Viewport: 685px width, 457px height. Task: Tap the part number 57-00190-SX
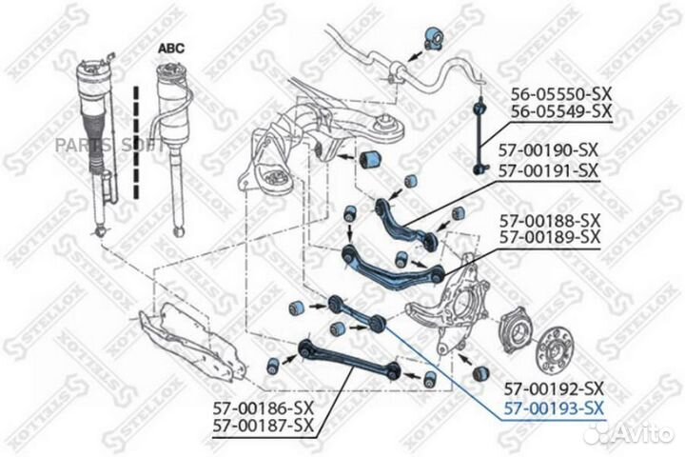click(549, 150)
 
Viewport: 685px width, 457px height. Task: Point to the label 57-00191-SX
click(549, 170)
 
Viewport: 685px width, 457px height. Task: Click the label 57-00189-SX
click(550, 236)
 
